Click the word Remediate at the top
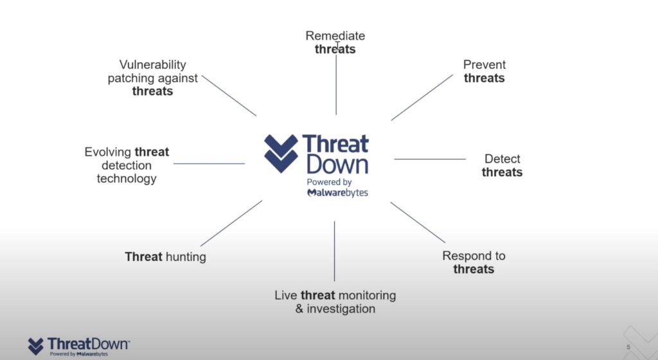[x=335, y=35]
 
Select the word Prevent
[x=485, y=65]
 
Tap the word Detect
[x=502, y=159]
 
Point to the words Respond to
[x=474, y=256]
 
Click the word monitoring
[x=367, y=296]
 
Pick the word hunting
[x=186, y=256]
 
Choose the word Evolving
[x=108, y=152]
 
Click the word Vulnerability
[x=152, y=65]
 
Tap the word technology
[x=127, y=179]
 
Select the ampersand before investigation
[x=299, y=309]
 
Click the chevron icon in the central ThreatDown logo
[x=281, y=154]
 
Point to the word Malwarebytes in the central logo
[x=338, y=193]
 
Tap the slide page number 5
[x=628, y=347]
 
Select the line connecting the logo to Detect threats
[x=430, y=159]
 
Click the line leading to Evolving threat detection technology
[x=209, y=164]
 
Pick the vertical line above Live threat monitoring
[x=334, y=251]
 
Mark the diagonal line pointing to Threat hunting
[x=231, y=223]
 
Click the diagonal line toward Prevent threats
[x=422, y=97]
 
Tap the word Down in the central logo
[x=337, y=165]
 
